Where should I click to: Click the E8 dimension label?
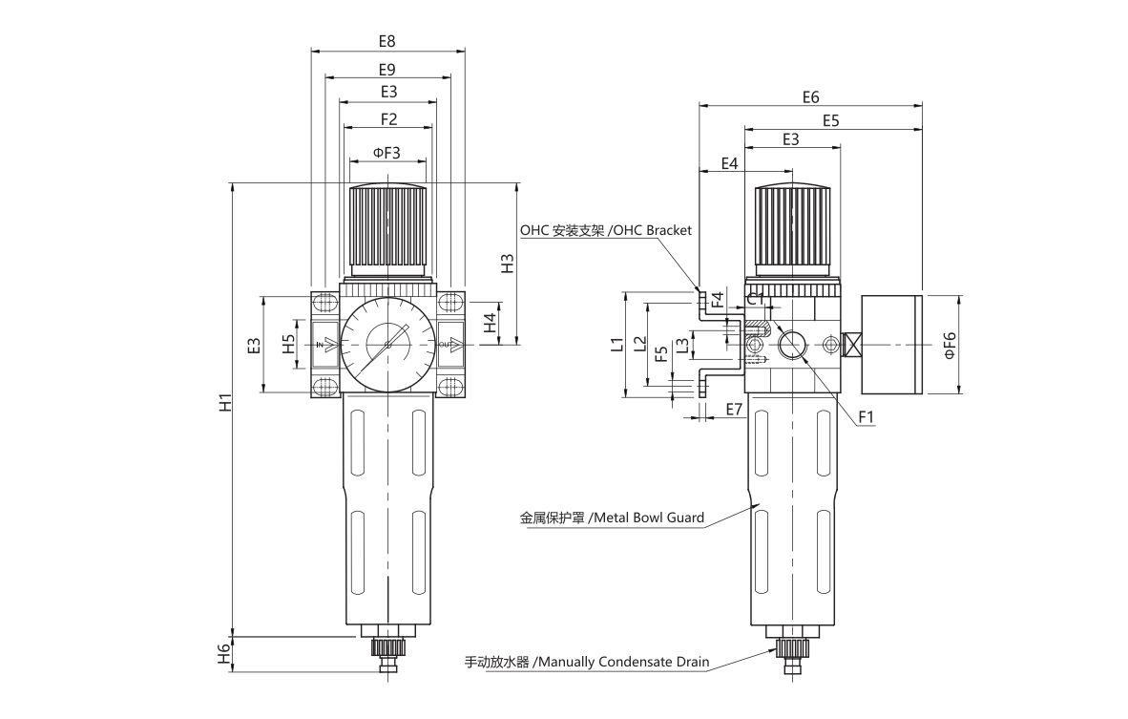point(387,41)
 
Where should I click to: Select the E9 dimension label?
point(387,70)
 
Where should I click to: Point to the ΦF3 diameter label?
point(386,153)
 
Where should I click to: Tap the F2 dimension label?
point(388,118)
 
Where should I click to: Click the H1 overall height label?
point(226,402)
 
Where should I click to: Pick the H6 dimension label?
point(226,653)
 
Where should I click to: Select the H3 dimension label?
point(508,263)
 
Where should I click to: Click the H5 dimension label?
point(288,344)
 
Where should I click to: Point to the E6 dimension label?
point(811,97)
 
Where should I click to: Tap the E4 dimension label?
point(729,163)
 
